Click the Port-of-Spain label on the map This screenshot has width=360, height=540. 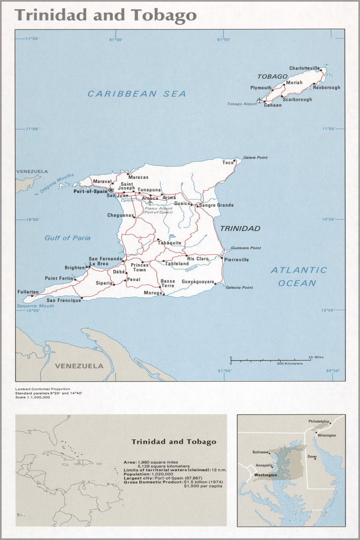(x=90, y=191)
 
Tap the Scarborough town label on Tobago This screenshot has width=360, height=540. (x=297, y=99)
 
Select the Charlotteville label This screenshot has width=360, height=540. (x=304, y=68)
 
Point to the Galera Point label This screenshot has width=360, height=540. (x=255, y=158)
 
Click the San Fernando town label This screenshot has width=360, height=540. (x=105, y=259)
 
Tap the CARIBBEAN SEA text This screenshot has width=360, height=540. (x=137, y=94)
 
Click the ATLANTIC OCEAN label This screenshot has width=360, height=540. (x=298, y=276)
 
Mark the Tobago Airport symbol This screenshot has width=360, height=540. (x=259, y=99)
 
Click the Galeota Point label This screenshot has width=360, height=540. (x=239, y=287)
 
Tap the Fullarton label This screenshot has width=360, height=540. (x=28, y=292)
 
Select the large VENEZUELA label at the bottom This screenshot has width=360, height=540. (x=79, y=366)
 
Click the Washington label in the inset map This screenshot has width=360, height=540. (x=266, y=475)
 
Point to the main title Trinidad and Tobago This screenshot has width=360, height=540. (x=106, y=15)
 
